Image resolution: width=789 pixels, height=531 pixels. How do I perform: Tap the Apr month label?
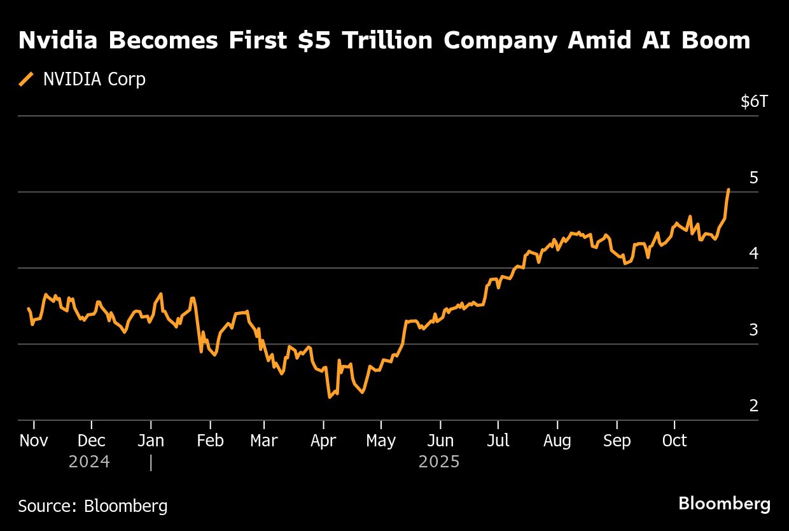[323, 441]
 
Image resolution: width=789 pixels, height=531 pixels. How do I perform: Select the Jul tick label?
[498, 441]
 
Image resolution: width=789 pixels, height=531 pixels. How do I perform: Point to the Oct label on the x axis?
[674, 441]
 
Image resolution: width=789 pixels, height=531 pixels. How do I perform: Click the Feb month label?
[210, 441]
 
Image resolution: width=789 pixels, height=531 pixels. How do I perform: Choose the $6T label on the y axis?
[754, 101]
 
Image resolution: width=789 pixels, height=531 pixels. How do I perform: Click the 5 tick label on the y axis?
[754, 178]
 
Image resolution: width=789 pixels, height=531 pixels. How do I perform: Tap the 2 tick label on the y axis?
[754, 406]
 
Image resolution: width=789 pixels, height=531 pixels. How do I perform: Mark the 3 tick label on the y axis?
[754, 330]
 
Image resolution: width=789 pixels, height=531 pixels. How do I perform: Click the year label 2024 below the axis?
[89, 462]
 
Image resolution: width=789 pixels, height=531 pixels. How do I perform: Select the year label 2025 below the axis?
[439, 462]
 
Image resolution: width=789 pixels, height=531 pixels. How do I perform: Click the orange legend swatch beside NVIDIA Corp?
[27, 79]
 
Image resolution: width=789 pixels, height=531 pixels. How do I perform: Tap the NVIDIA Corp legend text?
[94, 79]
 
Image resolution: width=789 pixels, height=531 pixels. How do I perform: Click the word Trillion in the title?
[391, 41]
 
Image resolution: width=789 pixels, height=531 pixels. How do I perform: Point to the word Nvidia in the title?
[59, 41]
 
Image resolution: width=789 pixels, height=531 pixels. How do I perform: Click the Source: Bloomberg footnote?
[93, 506]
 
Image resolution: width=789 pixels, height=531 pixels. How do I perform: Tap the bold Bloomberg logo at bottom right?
[724, 504]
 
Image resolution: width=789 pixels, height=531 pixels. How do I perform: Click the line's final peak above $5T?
[729, 189]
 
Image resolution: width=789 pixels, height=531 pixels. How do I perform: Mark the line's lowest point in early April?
[330, 397]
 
